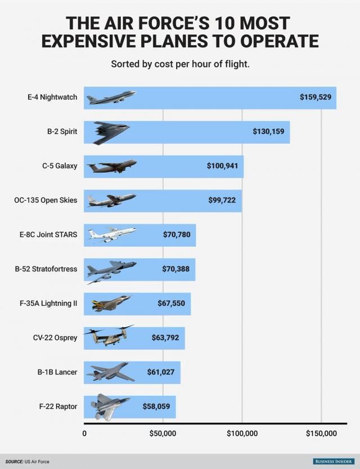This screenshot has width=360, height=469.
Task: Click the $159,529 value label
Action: pyautogui.click(x=315, y=97)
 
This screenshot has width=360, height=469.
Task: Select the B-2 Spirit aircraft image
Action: pyautogui.click(x=111, y=133)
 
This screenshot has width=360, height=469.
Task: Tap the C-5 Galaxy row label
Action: pyautogui.click(x=59, y=166)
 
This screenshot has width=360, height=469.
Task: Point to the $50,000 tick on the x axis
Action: pyautogui.click(x=163, y=433)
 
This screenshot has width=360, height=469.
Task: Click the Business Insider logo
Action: pyautogui.click(x=333, y=462)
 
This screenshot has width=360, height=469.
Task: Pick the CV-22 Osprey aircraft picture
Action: pyautogui.click(x=109, y=336)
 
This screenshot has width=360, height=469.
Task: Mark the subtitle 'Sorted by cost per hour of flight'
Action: pyautogui.click(x=180, y=64)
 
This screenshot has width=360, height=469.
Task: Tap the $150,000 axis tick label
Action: pyautogui.click(x=321, y=433)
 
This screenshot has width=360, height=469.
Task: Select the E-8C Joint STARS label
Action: pyautogui.click(x=49, y=234)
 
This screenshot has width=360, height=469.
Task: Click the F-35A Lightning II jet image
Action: pyautogui.click(x=111, y=304)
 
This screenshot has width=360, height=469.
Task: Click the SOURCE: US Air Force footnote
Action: pyautogui.click(x=28, y=462)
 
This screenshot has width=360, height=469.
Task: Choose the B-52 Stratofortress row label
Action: pyautogui.click(x=46, y=269)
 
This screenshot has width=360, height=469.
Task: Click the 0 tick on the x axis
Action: pyautogui.click(x=84, y=433)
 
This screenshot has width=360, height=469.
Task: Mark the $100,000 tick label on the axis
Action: pyautogui.click(x=242, y=433)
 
